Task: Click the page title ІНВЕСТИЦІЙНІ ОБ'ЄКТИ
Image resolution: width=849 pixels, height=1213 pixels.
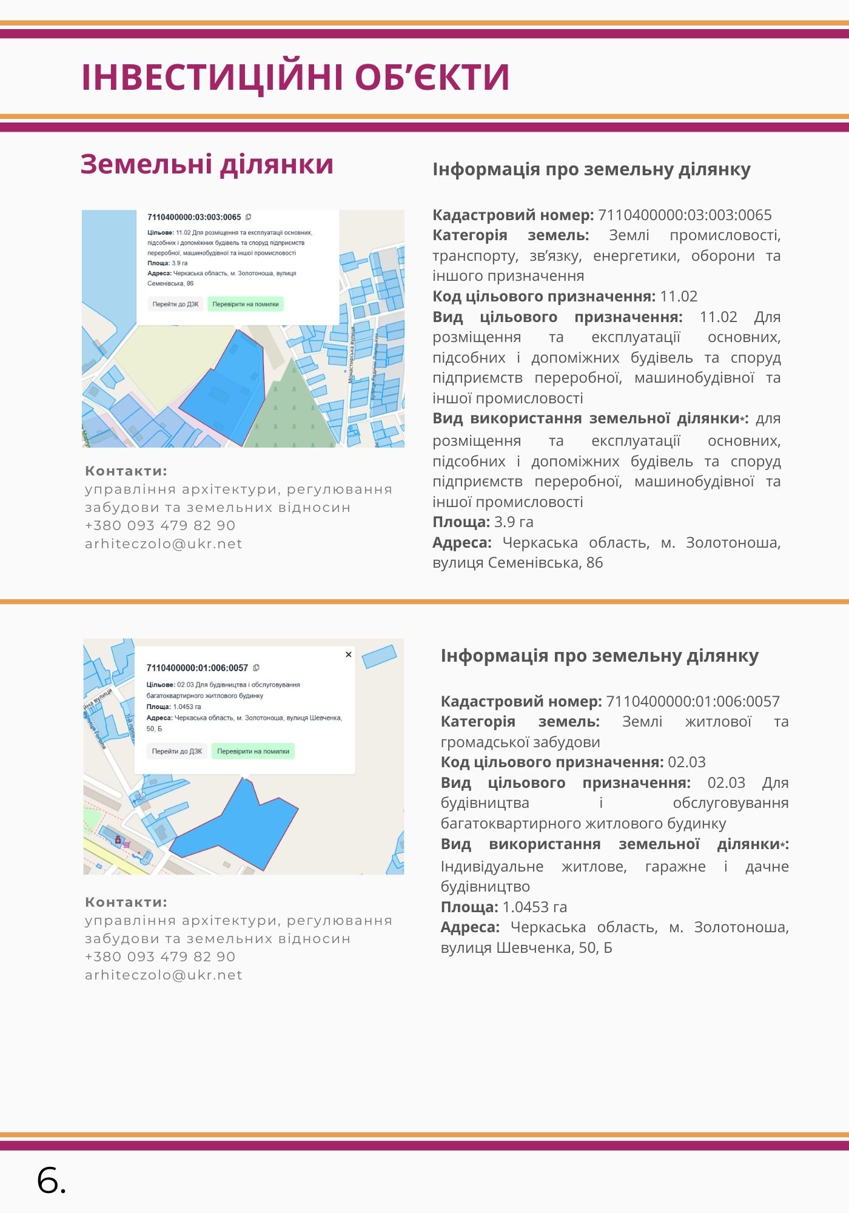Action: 295,77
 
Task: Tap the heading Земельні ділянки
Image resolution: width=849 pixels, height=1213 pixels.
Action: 207,164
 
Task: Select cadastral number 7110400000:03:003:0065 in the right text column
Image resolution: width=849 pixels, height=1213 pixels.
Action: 685,215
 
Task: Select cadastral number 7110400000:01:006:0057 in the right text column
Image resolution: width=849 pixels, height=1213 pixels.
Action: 693,701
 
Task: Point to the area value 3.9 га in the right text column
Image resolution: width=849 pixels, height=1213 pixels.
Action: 514,522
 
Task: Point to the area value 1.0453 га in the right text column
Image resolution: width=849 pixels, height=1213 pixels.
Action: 534,907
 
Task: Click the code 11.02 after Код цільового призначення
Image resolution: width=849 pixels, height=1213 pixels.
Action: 679,296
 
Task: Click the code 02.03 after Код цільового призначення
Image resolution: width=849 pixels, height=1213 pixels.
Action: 686,762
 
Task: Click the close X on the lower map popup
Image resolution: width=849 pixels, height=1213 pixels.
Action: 349,654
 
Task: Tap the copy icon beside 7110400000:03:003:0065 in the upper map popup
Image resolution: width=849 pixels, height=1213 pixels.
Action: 248,217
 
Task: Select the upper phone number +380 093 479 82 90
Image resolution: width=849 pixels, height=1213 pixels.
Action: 160,525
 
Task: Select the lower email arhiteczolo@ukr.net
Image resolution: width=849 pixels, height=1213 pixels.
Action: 164,975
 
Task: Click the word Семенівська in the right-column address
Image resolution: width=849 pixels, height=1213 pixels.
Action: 535,562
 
